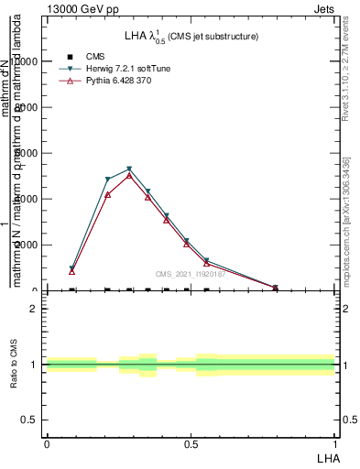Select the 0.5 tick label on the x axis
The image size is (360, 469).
point(191,443)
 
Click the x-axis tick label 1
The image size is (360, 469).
point(335,443)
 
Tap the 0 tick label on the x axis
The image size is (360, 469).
point(46,443)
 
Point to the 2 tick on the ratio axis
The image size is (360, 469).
point(33,309)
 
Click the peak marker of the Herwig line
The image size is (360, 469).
point(129,169)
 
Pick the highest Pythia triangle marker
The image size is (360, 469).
point(129,175)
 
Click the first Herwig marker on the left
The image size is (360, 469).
point(71,269)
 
